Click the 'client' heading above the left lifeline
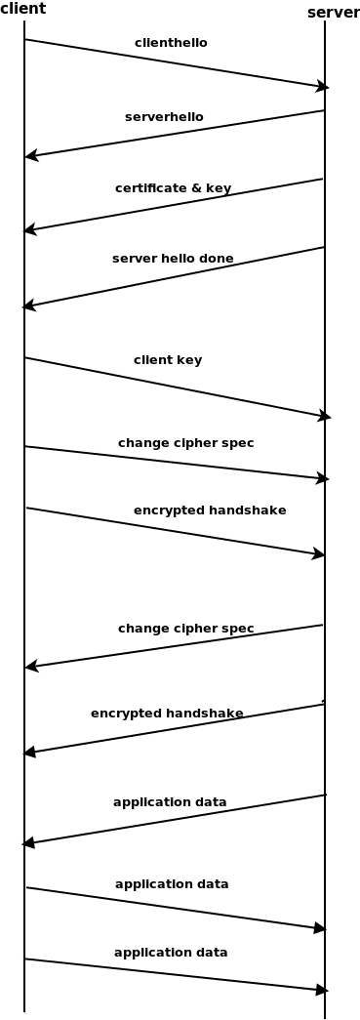point(22,9)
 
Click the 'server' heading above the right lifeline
point(333,12)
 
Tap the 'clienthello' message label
point(171,43)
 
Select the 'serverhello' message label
point(164,117)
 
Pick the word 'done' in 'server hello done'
point(217,259)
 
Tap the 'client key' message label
point(168,360)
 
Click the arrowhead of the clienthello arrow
point(323,87)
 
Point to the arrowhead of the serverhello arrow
point(30,155)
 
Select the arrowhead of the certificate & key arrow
point(29,230)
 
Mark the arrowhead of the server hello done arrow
point(28,306)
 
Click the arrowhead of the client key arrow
point(325,417)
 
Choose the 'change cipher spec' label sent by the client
point(185,443)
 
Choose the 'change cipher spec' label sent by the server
point(185,629)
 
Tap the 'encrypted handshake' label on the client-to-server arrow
point(210,510)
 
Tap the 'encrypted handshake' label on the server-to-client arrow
point(167,714)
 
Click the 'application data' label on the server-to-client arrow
point(170,802)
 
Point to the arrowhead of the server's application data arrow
point(28,842)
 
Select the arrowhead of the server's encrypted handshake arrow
point(29,753)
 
